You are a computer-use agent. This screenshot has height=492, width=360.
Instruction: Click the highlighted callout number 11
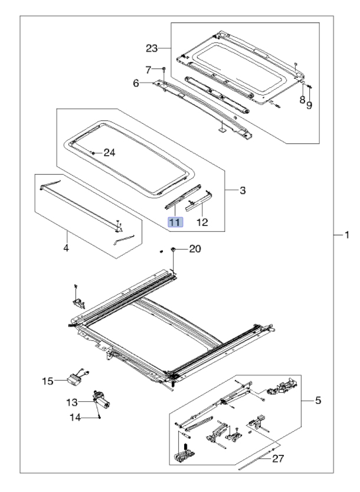point(175,222)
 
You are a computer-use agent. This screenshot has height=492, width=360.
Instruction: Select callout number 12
point(202,223)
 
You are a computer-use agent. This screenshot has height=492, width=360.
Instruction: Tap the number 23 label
point(152,47)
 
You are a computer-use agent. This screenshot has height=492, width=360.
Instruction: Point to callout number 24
point(109,152)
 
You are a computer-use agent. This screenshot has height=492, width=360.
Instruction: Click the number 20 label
point(195,249)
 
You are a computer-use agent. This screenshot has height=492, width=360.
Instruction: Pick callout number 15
point(47,381)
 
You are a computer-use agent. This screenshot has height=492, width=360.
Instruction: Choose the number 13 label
point(71,402)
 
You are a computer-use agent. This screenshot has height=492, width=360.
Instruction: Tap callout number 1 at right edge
point(347,235)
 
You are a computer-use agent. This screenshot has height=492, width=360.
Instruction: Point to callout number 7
point(148,70)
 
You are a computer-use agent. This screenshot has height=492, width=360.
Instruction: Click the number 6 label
point(136,84)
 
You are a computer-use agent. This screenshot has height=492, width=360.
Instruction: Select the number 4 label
point(66,248)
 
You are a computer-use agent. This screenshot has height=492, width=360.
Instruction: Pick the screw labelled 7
point(163,70)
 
